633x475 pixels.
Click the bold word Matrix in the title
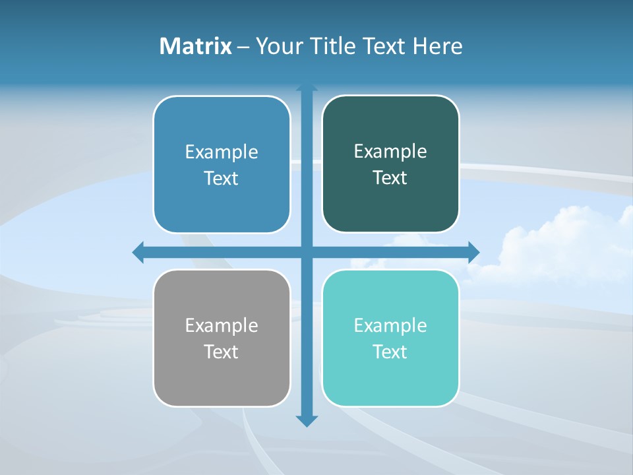pyautogui.click(x=196, y=46)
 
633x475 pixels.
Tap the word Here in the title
pyautogui.click(x=437, y=46)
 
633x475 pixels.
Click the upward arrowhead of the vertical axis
pyautogui.click(x=307, y=87)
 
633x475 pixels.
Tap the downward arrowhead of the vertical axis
pyautogui.click(x=307, y=421)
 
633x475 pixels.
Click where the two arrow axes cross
pyautogui.click(x=307, y=252)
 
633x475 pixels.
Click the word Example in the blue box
pyautogui.click(x=222, y=152)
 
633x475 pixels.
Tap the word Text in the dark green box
pyautogui.click(x=390, y=177)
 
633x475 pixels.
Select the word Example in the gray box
pyautogui.click(x=222, y=326)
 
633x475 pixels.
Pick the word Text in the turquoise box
pyautogui.click(x=390, y=352)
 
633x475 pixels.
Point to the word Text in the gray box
pyautogui.click(x=222, y=352)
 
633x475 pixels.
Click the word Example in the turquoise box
pyautogui.click(x=390, y=326)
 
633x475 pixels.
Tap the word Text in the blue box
pyautogui.click(x=222, y=178)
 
